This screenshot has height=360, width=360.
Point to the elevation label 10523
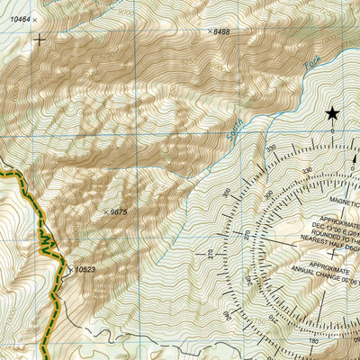coord(85,269)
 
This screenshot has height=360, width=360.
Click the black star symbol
coord(332,112)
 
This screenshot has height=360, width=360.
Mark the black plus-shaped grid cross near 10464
coord(39,40)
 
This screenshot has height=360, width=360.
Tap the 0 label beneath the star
coord(332,131)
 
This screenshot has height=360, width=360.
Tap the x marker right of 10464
coord(35,19)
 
